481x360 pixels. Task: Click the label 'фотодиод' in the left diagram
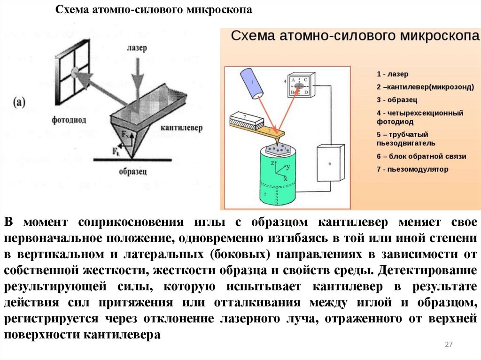click(70, 120)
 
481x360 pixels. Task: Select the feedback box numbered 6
click(330, 163)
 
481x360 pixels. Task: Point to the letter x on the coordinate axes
click(285, 179)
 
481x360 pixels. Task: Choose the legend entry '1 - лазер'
click(393, 74)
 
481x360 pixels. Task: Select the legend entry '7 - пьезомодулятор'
click(412, 169)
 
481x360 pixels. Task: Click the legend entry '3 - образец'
click(397, 100)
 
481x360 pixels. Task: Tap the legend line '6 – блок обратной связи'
click(421, 156)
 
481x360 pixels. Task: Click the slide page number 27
click(448, 345)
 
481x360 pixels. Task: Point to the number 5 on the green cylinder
click(265, 194)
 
